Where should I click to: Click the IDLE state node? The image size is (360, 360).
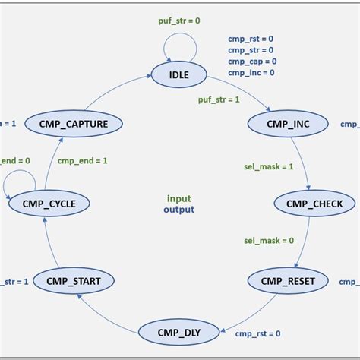pyautogui.click(x=180, y=74)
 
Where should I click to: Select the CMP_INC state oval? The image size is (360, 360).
pyautogui.click(x=287, y=123)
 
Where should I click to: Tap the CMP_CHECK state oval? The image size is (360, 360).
pyautogui.click(x=314, y=203)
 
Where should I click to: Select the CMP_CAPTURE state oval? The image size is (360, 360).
pyautogui.click(x=74, y=123)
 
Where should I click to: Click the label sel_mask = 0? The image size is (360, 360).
pyautogui.click(x=269, y=241)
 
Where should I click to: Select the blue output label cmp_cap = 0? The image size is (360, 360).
pyautogui.click(x=252, y=62)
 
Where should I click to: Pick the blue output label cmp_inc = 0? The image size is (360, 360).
pyautogui.click(x=252, y=73)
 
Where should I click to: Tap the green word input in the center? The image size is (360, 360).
pyautogui.click(x=179, y=198)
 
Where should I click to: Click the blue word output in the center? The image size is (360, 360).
pyautogui.click(x=179, y=210)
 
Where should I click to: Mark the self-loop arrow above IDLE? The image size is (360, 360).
pyautogui.click(x=181, y=46)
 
